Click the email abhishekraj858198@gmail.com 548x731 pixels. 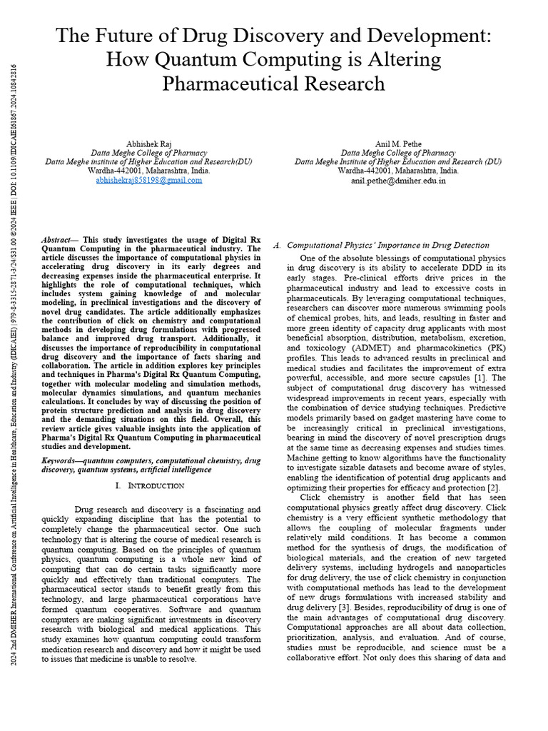pos(149,181)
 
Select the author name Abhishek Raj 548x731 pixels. pos(149,143)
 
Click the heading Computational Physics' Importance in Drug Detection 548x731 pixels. pos(388,245)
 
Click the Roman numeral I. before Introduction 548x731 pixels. pos(118,485)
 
